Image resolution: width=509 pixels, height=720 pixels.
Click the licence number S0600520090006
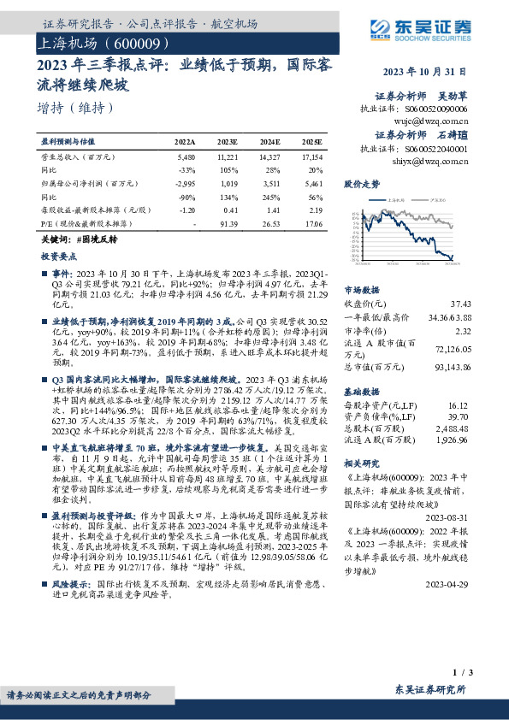click(x=454, y=110)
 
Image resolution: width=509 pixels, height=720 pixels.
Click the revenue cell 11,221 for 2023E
click(x=228, y=158)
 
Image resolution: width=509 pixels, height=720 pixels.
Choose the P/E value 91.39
click(x=228, y=222)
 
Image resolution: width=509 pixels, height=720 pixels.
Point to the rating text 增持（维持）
click(x=75, y=109)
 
